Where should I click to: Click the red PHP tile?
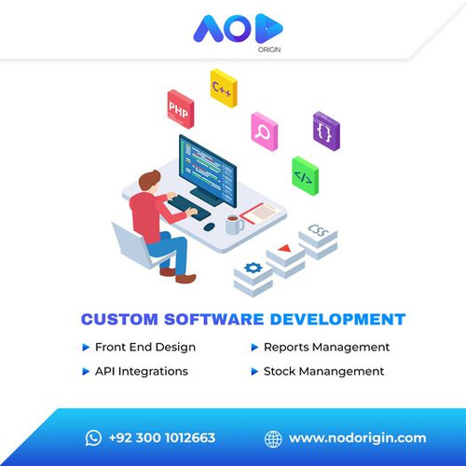181,109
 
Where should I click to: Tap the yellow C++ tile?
224,89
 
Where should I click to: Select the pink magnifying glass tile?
265,131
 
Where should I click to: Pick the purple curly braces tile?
326,131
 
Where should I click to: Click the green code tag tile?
305,176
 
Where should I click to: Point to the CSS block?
318,240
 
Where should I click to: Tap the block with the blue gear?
254,279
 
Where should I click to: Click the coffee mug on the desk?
234,224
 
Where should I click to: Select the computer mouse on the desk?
209,226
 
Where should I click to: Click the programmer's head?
149,181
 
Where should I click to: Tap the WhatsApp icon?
93,438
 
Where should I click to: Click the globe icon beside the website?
273,439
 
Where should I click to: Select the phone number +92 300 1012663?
162,438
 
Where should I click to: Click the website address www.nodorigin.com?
357,438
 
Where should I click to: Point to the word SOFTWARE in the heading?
213,320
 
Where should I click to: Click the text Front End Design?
145,348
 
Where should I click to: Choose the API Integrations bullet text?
142,371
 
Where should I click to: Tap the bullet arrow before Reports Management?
254,348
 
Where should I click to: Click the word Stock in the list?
280,371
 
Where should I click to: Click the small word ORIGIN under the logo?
269,49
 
